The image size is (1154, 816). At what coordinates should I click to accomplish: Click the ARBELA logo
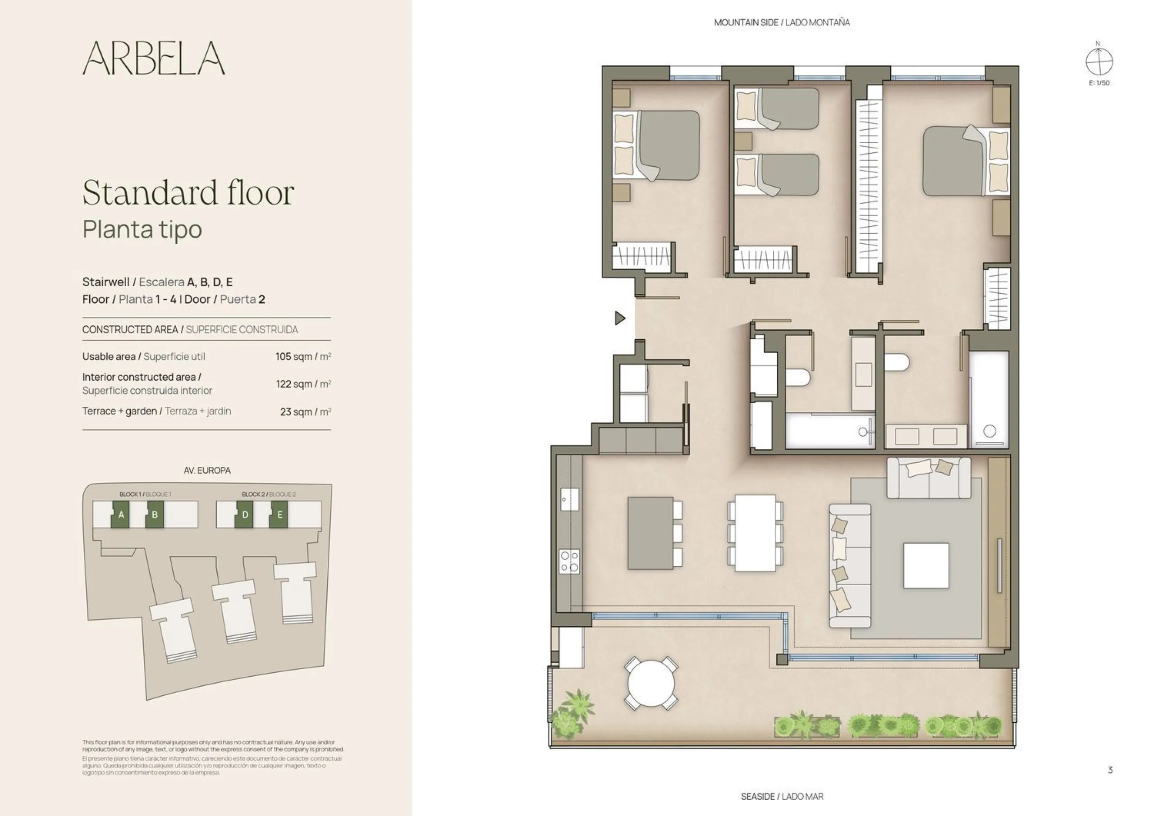tap(154, 58)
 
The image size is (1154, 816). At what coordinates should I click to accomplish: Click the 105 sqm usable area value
tap(303, 357)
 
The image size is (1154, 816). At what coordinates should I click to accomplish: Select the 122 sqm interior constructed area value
tap(303, 384)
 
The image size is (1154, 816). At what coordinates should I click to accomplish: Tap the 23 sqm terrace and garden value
tap(306, 412)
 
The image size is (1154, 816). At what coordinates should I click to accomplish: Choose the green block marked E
tap(279, 515)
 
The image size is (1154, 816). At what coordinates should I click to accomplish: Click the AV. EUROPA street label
tap(207, 471)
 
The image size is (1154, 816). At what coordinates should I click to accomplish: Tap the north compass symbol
tap(1099, 62)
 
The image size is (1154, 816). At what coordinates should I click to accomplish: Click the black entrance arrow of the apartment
tap(620, 318)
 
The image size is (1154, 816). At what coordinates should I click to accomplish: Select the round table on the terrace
tap(651, 684)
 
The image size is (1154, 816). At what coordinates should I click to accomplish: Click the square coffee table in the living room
tap(926, 565)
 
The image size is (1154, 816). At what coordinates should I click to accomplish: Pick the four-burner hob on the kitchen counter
tap(569, 561)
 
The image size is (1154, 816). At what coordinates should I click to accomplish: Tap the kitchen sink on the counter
tap(569, 499)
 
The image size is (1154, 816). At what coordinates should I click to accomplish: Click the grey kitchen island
tap(650, 533)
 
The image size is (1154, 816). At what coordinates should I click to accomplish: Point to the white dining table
tap(755, 533)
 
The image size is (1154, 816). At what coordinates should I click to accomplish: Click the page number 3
tap(1110, 770)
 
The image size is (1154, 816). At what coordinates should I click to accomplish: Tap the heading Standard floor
tap(188, 192)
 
